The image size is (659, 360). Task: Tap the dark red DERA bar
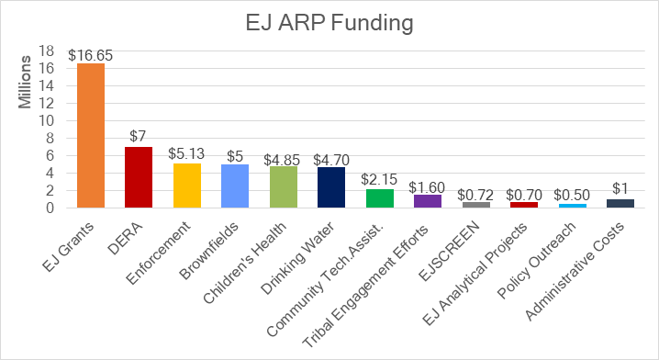139,177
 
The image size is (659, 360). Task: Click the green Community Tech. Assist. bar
379,198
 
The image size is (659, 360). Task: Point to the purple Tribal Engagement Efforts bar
428,201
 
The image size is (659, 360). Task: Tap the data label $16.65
91,55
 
